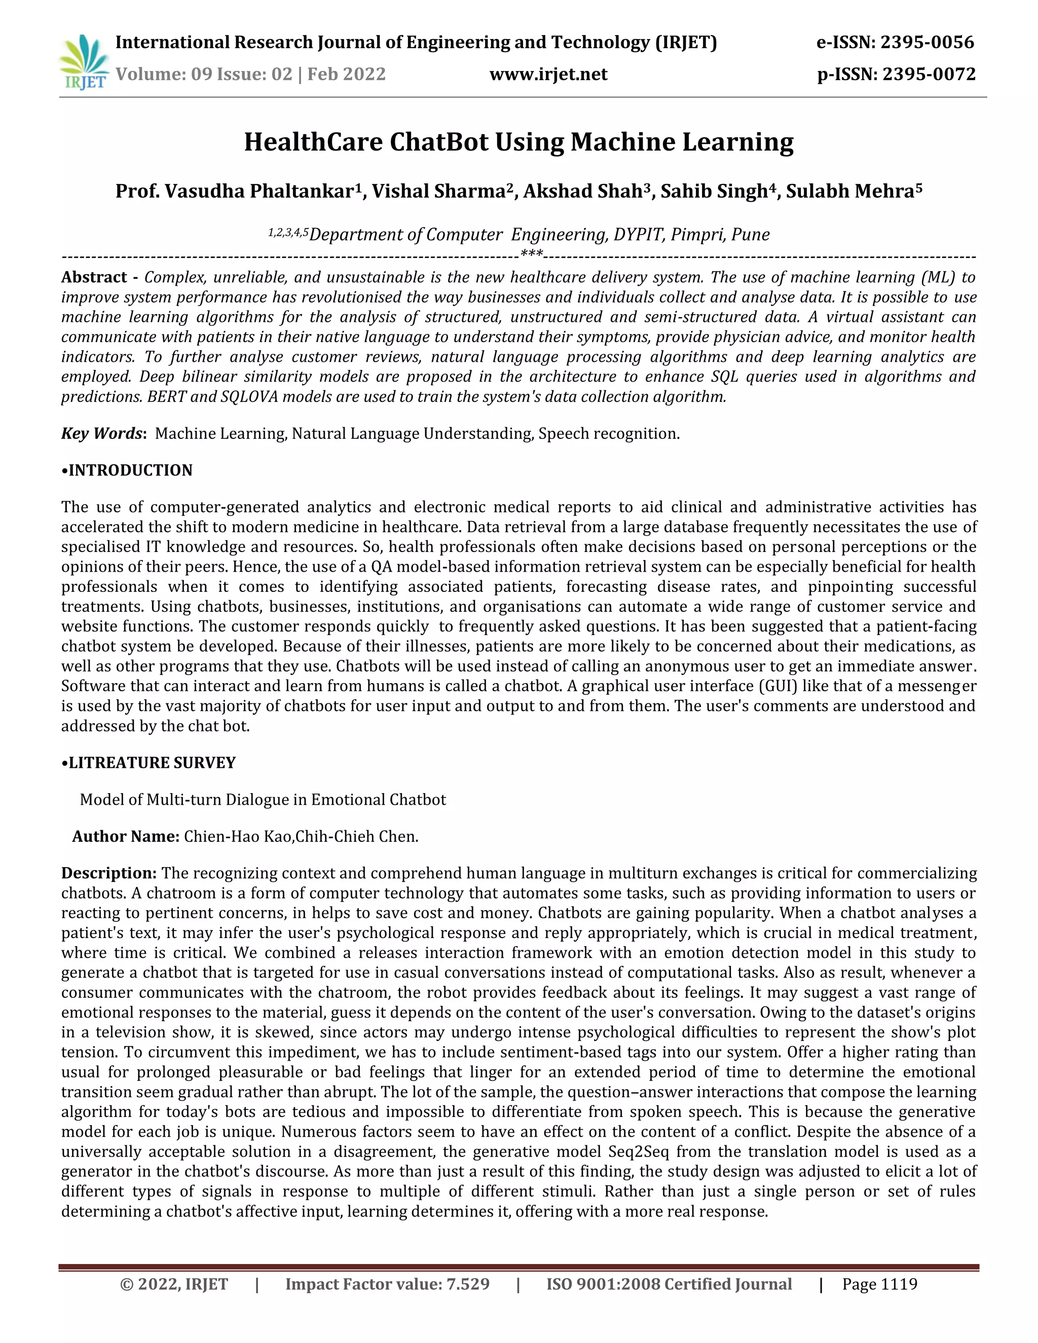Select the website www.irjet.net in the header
tap(548, 74)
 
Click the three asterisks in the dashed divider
tap(531, 254)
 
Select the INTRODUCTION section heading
tap(130, 470)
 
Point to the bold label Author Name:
tap(126, 836)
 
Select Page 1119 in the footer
tap(879, 1284)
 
